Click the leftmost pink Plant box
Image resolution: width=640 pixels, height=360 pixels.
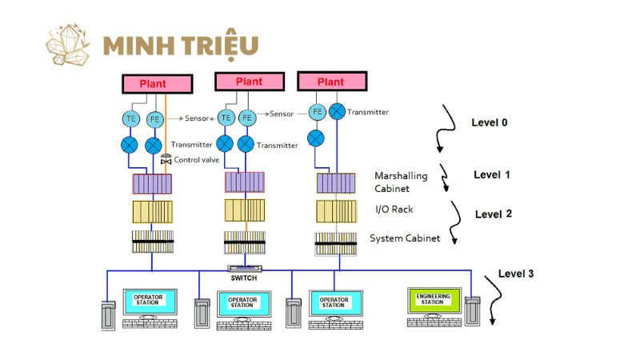(x=158, y=83)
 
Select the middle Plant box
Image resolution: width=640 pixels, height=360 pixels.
(x=249, y=82)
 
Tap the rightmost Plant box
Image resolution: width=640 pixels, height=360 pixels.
(x=331, y=82)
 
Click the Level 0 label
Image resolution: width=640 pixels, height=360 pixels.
(x=489, y=122)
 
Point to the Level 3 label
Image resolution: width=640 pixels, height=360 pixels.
(x=515, y=274)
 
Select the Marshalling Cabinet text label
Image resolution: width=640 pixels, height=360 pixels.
(x=401, y=182)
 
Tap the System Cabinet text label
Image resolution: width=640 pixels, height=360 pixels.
(x=405, y=238)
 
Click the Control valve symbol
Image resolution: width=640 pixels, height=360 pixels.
(x=166, y=160)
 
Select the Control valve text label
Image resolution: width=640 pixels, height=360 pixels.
(x=197, y=160)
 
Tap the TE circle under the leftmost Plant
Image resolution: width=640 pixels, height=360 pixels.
(x=130, y=118)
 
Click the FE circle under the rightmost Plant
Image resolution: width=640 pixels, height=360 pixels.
(x=317, y=112)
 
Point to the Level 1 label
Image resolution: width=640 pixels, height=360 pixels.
(x=492, y=174)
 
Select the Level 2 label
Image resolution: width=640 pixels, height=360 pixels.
(x=494, y=214)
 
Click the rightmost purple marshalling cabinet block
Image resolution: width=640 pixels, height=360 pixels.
(x=336, y=183)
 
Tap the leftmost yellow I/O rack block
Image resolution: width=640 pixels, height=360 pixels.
(x=152, y=211)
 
